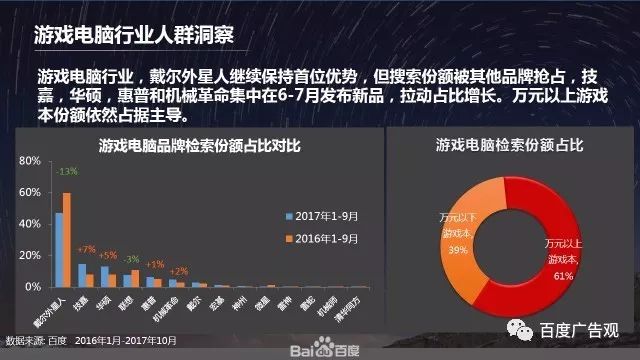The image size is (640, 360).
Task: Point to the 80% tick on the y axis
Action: (28, 160)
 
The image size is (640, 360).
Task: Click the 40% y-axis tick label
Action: (28, 223)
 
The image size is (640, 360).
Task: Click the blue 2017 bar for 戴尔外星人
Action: (59, 249)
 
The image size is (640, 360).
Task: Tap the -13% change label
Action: (66, 172)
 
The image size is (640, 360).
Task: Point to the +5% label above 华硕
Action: (108, 254)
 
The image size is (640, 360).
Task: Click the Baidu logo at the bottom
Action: (319, 349)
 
